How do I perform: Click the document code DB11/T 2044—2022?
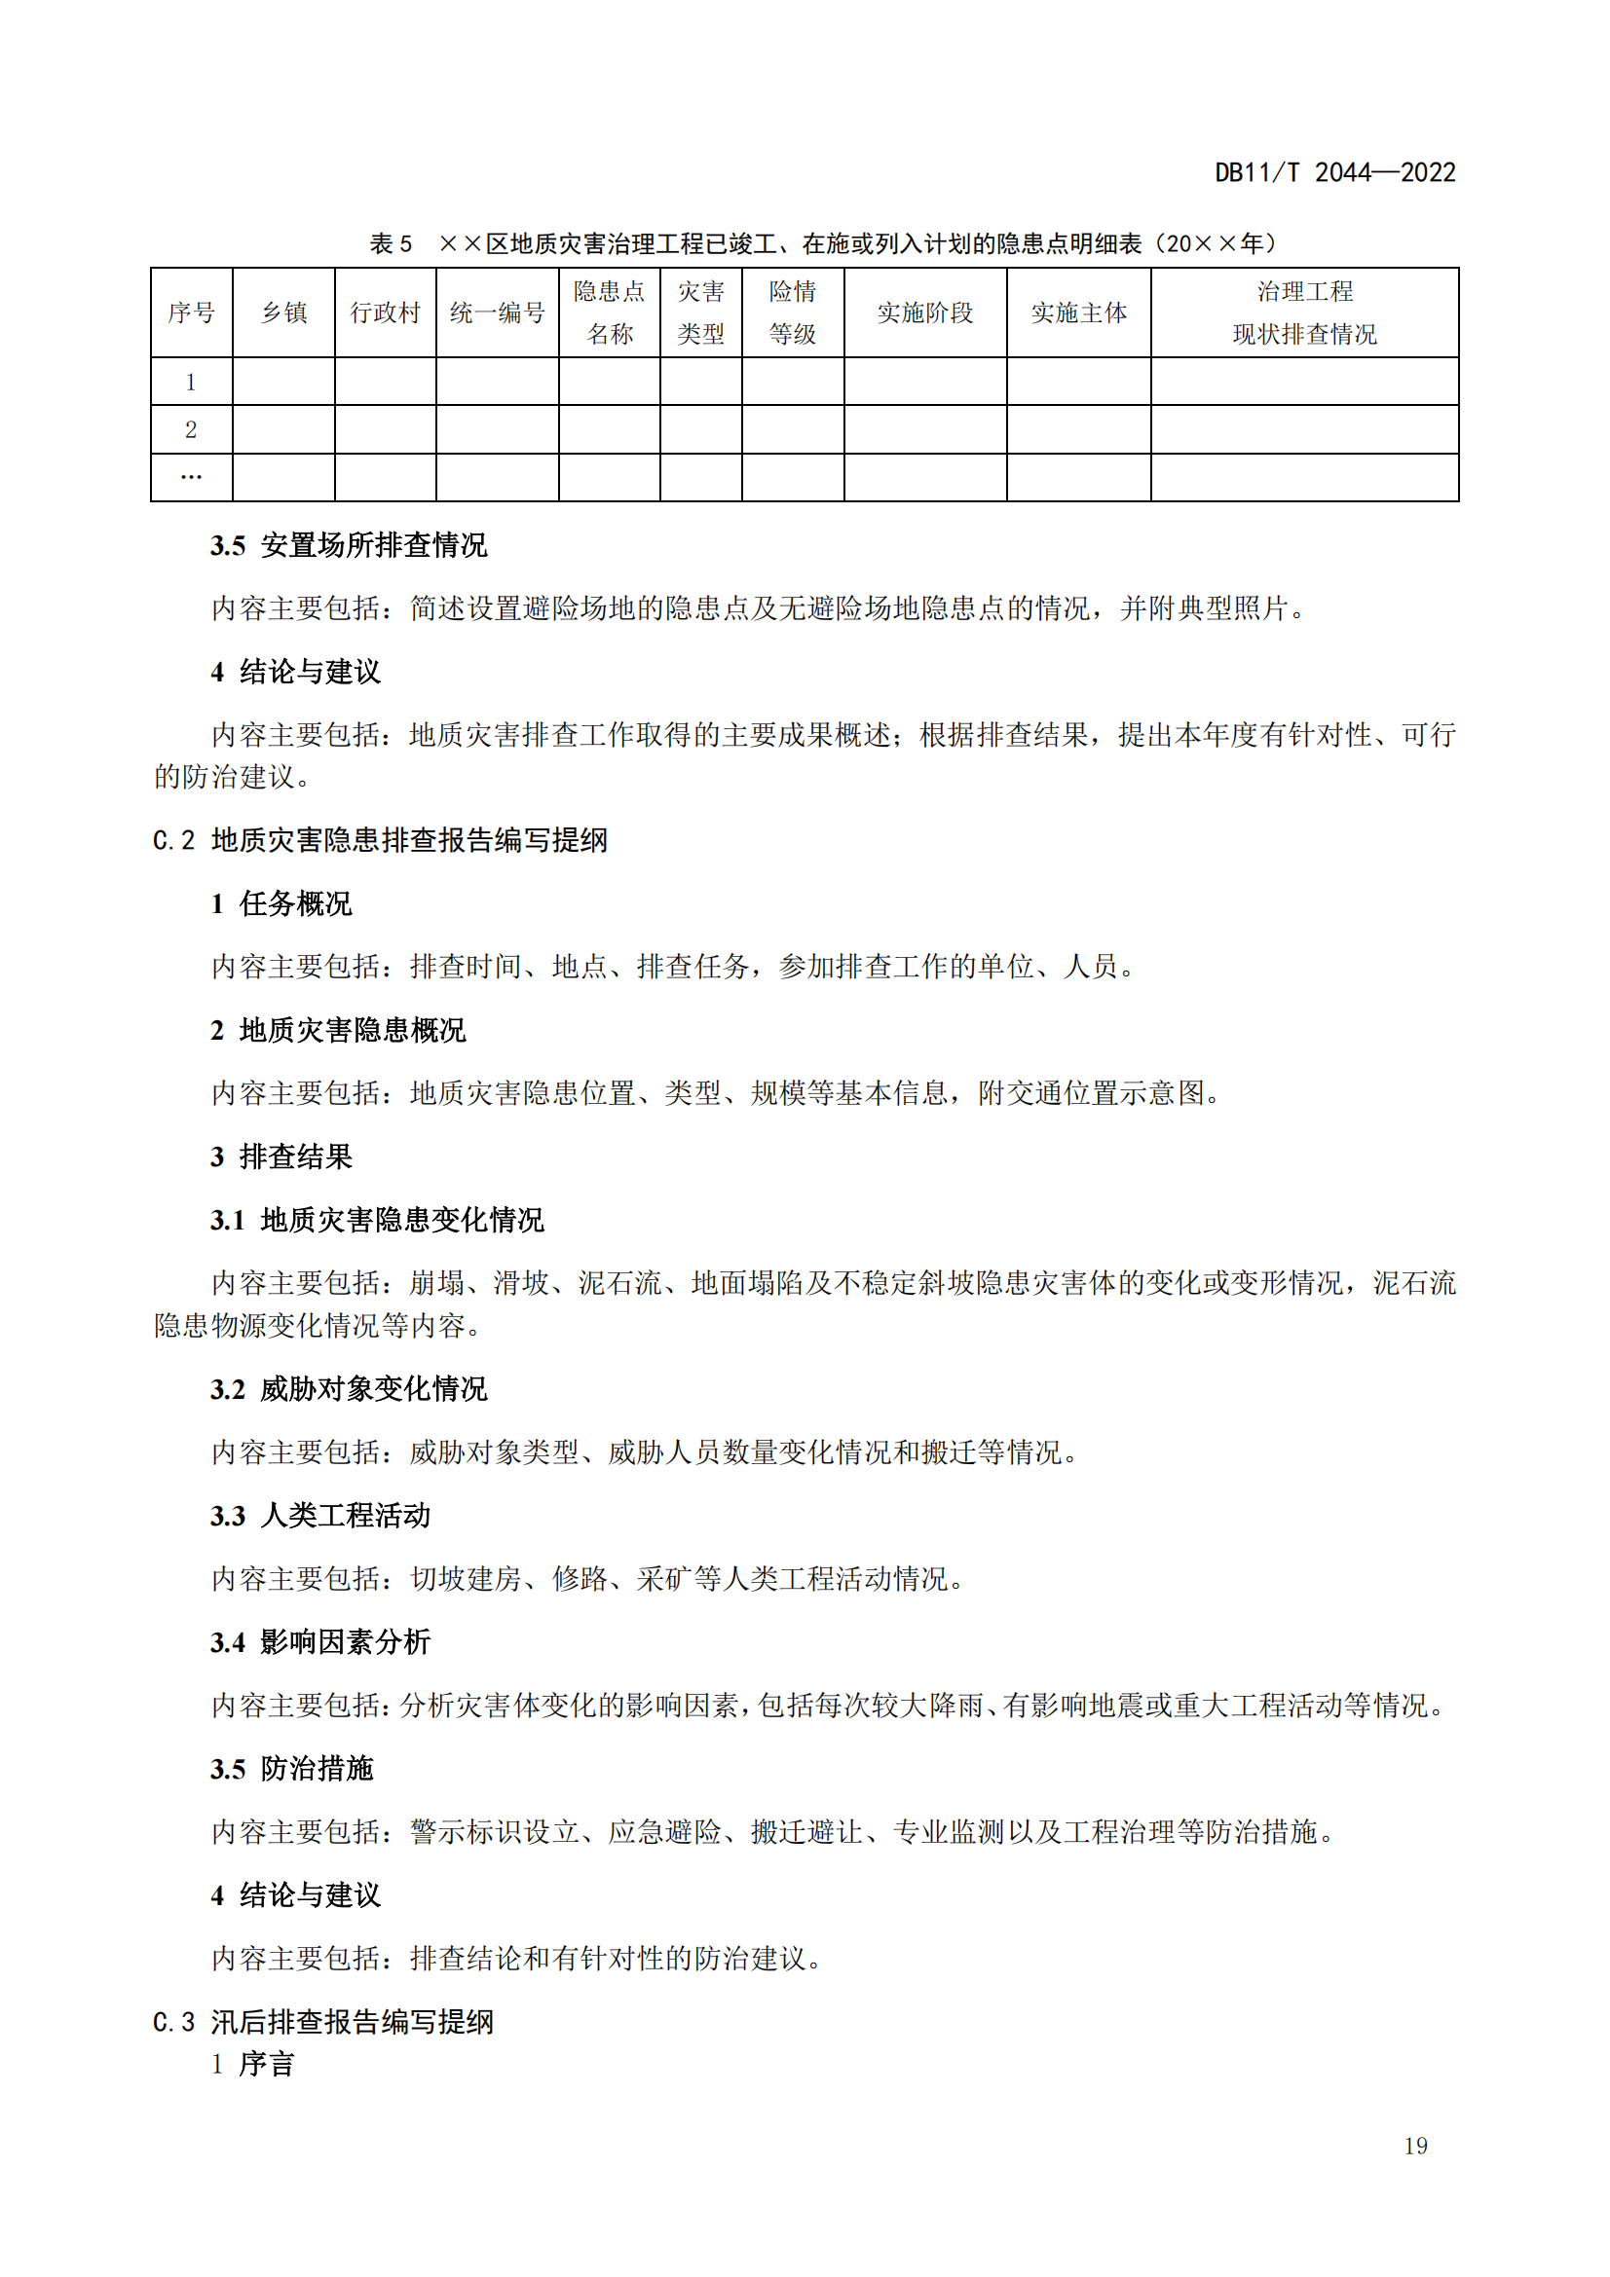point(1334,172)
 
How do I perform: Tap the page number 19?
point(1415,2146)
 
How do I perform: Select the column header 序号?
point(192,313)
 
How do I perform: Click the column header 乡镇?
point(283,313)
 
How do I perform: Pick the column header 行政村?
point(385,313)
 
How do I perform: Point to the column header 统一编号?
point(497,313)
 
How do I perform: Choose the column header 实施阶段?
point(924,313)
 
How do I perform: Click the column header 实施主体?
point(1078,313)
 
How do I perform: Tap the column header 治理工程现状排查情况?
point(1303,313)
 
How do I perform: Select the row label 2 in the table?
point(192,430)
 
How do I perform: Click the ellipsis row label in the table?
point(192,478)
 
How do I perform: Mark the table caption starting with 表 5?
point(822,244)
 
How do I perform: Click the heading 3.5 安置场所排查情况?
point(348,545)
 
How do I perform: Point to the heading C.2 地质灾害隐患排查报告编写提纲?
point(380,840)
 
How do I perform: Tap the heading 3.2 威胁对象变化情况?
point(348,1388)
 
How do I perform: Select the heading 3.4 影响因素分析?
point(320,1641)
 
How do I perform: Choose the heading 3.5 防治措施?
point(291,1768)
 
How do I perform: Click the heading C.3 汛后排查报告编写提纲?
point(323,2021)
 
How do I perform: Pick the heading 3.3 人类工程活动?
point(320,1516)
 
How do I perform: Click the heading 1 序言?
point(253,2064)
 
